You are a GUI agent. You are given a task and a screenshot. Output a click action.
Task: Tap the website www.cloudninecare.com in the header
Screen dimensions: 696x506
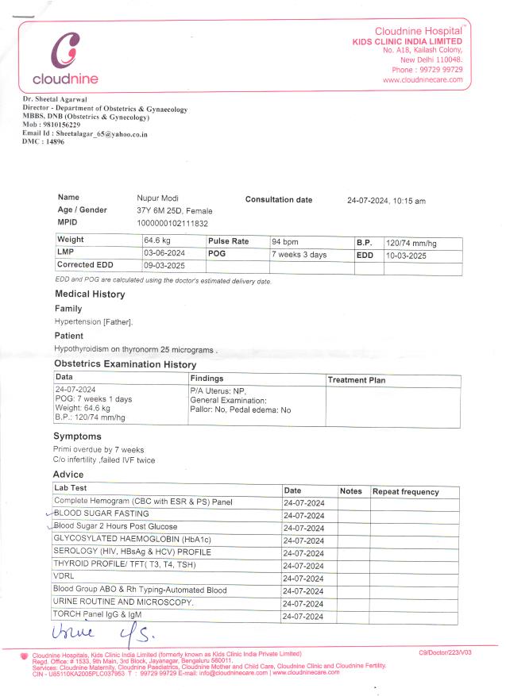423,80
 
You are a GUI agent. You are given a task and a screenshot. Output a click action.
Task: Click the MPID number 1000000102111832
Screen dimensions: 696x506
172,224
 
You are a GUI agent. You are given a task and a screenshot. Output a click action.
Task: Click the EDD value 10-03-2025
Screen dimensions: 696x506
406,256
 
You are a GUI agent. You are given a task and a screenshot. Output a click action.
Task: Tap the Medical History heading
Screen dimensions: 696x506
89,294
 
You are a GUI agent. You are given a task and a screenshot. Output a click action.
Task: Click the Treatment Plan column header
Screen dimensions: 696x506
357,380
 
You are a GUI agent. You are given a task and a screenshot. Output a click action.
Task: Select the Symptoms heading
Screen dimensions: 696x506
77,436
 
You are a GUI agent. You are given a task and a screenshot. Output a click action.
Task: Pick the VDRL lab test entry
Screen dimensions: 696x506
64,577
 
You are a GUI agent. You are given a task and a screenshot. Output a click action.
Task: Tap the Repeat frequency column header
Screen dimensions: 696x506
405,492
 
